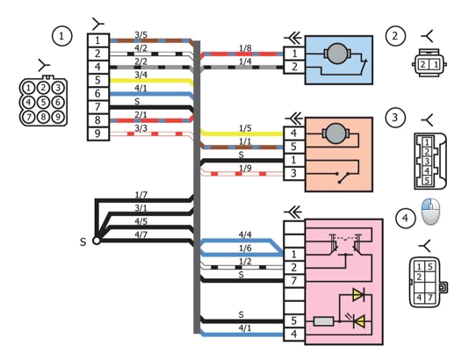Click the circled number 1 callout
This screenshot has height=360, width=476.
point(62,36)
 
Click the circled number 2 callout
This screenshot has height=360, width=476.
point(395,36)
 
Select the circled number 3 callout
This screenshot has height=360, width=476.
point(395,117)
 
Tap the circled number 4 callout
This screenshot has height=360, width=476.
point(405,219)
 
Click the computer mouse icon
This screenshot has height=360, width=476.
point(430,212)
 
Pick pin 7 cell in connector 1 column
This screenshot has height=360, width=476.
point(98,107)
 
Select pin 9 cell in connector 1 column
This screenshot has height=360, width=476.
point(98,133)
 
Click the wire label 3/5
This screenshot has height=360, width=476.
point(141,35)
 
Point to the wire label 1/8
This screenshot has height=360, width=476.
point(245,48)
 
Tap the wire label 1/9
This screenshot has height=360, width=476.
point(245,168)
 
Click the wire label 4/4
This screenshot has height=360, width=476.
point(245,234)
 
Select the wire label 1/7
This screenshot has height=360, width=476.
point(141,195)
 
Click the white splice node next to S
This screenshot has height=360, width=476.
point(97,241)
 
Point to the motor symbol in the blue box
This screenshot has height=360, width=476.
point(337,54)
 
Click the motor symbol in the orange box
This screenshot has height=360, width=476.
point(335,133)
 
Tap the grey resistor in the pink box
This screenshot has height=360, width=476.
point(323,321)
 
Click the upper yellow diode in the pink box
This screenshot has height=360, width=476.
point(358,294)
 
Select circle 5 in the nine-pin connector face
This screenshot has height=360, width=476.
point(43,103)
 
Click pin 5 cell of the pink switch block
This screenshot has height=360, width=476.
point(294,320)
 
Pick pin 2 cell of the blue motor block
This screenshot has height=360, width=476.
point(294,67)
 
